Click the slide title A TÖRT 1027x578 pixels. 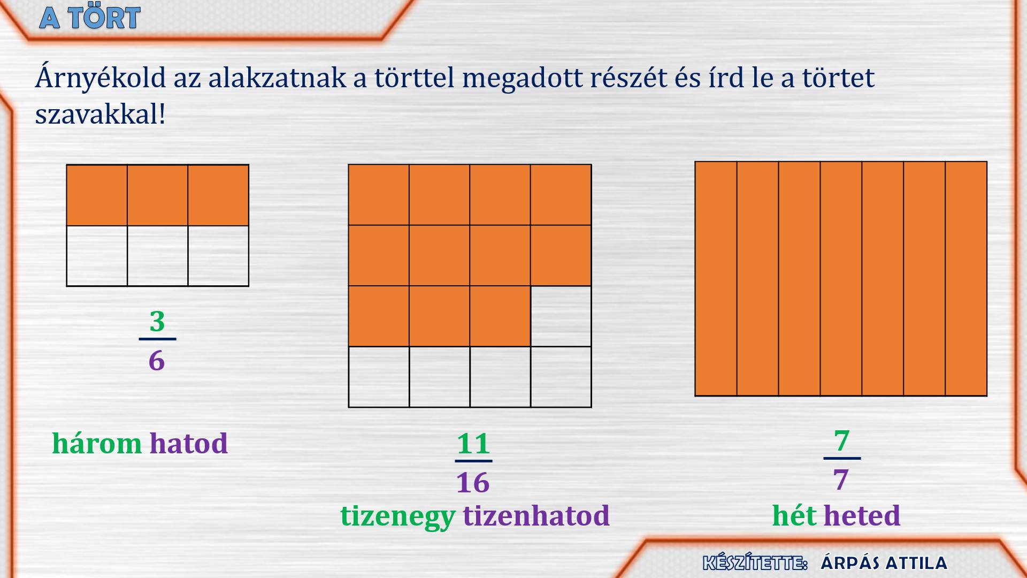point(90,18)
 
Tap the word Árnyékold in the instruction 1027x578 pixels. point(101,78)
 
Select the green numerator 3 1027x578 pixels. point(157,321)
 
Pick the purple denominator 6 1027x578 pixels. point(157,360)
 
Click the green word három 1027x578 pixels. point(97,444)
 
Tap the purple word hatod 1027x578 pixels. point(189,444)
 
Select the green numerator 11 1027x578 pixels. point(473,444)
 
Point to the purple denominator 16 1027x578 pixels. point(473,483)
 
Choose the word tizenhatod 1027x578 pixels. point(537,516)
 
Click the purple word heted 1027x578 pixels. point(862,516)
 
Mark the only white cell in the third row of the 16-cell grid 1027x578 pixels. point(561,316)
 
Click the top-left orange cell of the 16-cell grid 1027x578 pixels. point(379,195)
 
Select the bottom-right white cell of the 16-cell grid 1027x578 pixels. point(561,377)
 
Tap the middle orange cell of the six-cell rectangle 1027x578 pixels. point(158,195)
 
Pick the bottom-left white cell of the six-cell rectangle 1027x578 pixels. point(97,256)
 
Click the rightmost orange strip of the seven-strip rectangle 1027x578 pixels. point(966,279)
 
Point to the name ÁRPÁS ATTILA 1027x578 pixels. point(884,563)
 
